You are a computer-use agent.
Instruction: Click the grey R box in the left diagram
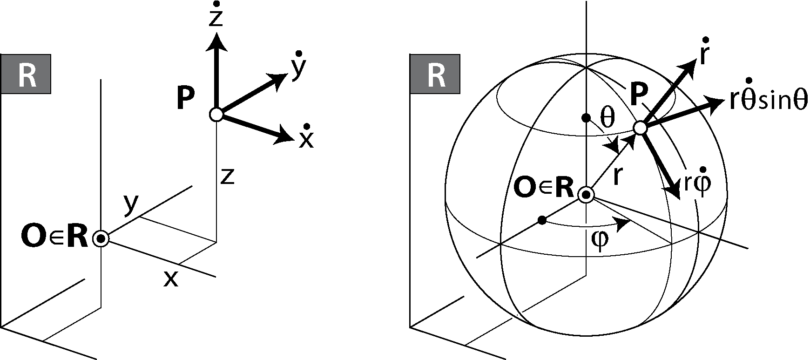point(26,74)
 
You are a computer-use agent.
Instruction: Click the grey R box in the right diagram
point(435,74)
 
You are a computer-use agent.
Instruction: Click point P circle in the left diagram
point(216,114)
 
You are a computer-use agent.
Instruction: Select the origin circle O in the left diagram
point(101,239)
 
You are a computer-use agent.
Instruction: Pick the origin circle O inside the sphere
point(586,195)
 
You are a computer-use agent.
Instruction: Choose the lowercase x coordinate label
point(171,279)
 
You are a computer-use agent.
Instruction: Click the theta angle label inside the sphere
point(607,118)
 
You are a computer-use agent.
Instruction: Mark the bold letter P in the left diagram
point(186,99)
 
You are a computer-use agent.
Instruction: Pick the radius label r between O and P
point(617,176)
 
